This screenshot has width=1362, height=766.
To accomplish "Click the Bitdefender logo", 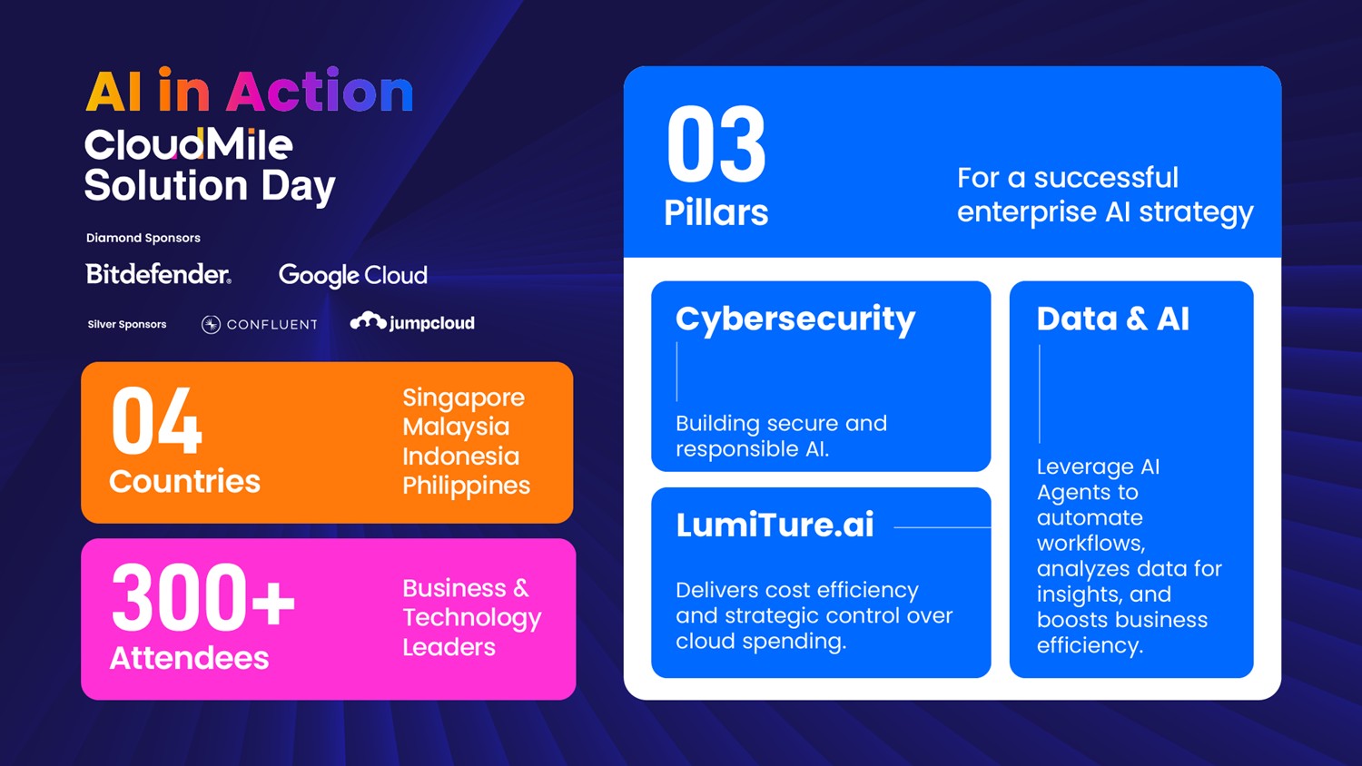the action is point(158,274).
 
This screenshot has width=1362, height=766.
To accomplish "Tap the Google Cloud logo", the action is point(352,275).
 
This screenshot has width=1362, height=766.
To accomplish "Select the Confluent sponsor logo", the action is point(260,325).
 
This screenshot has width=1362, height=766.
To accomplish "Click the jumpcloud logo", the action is point(412,322).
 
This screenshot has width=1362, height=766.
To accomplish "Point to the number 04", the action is point(156,421).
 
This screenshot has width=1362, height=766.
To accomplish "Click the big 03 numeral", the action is point(716,144).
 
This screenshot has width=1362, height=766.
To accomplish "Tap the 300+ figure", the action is point(203,597).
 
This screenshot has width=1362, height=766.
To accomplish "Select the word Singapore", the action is point(463,398).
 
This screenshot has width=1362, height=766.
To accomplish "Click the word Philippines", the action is point(467,486).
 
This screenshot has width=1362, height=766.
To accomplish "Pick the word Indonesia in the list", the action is point(461,456).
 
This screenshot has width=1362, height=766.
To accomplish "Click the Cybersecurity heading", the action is point(795,320).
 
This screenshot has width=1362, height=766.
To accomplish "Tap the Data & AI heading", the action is point(1112,319).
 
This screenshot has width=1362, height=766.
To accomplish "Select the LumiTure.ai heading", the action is point(775,525).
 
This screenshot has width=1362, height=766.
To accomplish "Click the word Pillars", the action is point(716,212).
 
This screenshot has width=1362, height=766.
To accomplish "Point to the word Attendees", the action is point(189,658).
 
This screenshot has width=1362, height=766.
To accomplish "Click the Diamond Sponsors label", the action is point(143,238).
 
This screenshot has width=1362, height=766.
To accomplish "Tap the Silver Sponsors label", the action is point(127,325).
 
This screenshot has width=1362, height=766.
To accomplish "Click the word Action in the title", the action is point(320,91).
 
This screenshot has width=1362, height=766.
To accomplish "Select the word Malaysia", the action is point(456,427).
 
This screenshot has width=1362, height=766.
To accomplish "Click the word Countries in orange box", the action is point(185,482).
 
